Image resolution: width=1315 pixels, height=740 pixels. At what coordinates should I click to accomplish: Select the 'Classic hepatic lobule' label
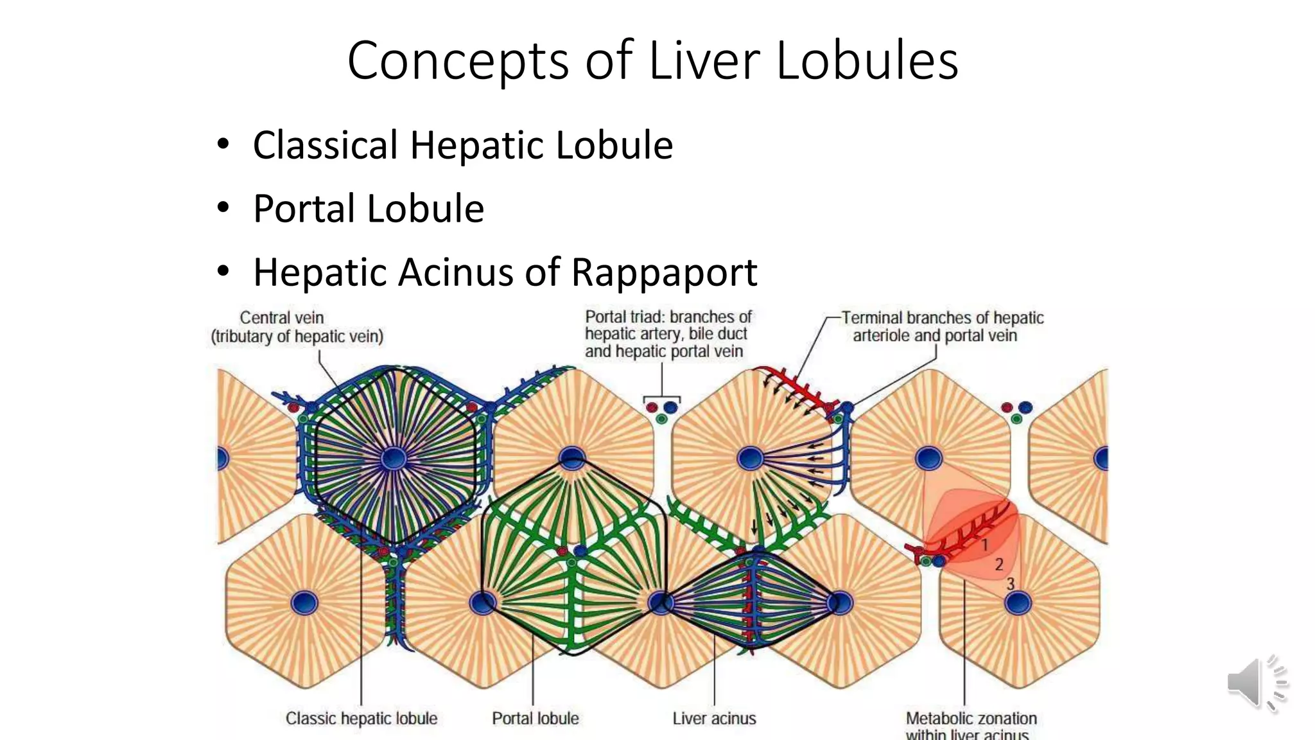361,719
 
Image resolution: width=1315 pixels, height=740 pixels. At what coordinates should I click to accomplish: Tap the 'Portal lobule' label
536,719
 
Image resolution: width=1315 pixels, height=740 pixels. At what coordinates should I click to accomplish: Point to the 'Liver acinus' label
714,719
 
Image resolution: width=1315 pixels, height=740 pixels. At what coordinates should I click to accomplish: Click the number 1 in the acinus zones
984,545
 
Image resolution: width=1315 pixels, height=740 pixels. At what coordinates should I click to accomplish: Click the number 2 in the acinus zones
998,565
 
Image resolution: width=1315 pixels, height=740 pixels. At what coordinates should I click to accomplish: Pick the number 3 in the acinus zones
1010,584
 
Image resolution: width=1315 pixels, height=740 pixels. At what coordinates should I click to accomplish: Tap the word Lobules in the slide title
867,60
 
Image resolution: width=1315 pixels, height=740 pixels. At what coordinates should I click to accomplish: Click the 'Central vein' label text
282,318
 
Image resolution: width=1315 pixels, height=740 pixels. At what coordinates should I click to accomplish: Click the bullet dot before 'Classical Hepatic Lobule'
223,145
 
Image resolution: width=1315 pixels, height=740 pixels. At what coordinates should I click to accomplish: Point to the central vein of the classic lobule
394,459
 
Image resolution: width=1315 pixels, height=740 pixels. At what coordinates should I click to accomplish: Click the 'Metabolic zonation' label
971,718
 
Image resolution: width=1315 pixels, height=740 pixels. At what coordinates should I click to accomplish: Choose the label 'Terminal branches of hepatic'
943,318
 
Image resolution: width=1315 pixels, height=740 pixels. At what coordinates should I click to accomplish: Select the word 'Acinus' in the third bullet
457,272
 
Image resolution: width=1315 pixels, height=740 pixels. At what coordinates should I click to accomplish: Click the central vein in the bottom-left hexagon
304,603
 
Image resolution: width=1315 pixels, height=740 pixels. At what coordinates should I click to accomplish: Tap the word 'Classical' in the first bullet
326,145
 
